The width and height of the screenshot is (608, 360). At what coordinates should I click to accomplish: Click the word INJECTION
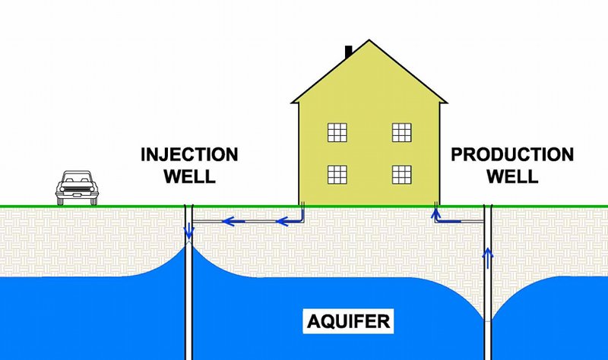coord(189,156)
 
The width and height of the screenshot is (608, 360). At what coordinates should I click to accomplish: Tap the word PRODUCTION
coord(512,156)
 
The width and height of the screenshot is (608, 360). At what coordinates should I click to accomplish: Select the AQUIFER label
coord(349,321)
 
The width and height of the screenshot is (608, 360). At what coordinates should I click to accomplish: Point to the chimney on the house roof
coord(349,52)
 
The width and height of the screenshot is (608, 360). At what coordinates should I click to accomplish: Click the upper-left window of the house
coord(337,133)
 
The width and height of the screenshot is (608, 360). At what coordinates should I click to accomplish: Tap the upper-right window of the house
coord(401,133)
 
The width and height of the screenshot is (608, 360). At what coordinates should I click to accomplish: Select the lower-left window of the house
coord(337,174)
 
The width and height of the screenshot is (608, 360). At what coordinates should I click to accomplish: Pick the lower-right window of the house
coord(401,174)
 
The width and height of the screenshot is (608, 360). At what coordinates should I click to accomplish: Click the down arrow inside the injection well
coord(188,230)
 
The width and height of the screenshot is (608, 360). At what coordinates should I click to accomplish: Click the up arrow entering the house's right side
coord(435,215)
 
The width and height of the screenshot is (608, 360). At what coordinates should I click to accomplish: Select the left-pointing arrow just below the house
coord(284,222)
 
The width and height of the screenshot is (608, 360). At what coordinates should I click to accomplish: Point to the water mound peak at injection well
coord(189,245)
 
